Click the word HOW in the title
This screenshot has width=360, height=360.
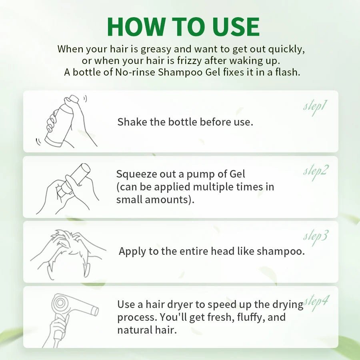click(x=136, y=27)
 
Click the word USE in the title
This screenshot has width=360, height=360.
click(x=236, y=27)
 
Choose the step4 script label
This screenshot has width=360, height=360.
click(x=316, y=303)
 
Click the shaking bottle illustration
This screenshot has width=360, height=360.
click(x=66, y=121)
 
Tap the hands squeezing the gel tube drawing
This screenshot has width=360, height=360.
click(x=68, y=189)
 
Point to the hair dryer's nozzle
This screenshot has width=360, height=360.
click(x=94, y=311)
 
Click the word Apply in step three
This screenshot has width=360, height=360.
click(x=132, y=252)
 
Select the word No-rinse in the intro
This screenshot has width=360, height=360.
click(x=135, y=72)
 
